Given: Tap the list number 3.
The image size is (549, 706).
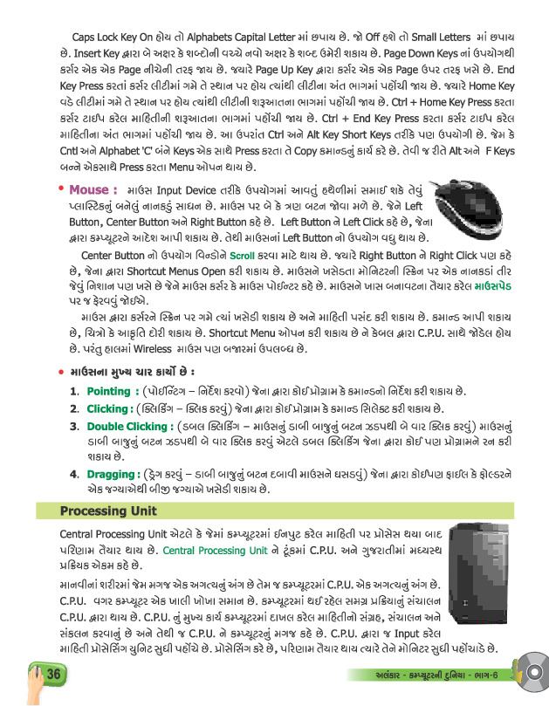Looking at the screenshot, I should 74,427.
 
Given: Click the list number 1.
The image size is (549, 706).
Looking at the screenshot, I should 74,392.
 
